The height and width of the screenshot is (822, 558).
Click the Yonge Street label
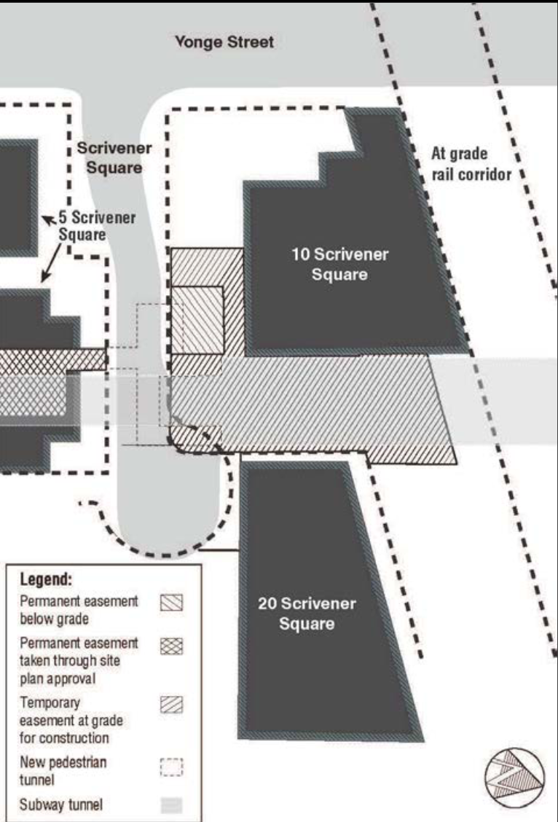pos(224,42)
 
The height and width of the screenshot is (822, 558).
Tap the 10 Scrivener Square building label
pos(340,265)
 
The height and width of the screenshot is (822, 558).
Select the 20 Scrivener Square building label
pos(307,614)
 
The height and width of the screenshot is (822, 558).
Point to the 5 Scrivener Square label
pos(97,225)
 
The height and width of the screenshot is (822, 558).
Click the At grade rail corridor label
pos(471,163)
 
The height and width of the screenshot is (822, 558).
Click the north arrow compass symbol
pos(514,778)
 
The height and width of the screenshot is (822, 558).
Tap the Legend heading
pos(46,579)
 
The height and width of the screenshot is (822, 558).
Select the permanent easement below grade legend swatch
pos(171,603)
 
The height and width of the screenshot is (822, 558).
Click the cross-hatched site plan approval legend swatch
pos(171,646)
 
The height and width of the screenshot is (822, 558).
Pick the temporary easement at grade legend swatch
pos(171,705)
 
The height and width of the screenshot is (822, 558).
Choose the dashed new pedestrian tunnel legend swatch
pos(171,767)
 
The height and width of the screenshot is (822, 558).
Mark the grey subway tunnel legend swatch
pos(171,805)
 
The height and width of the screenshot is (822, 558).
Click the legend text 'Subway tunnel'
pos(60,805)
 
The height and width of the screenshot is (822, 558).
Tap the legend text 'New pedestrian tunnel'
pos(63,771)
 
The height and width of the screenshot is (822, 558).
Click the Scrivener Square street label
pos(114,158)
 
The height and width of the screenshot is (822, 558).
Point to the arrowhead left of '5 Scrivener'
pos(47,219)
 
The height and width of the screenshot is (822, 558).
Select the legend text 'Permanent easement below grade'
pos(79,610)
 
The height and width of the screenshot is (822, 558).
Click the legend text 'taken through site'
pos(70,660)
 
